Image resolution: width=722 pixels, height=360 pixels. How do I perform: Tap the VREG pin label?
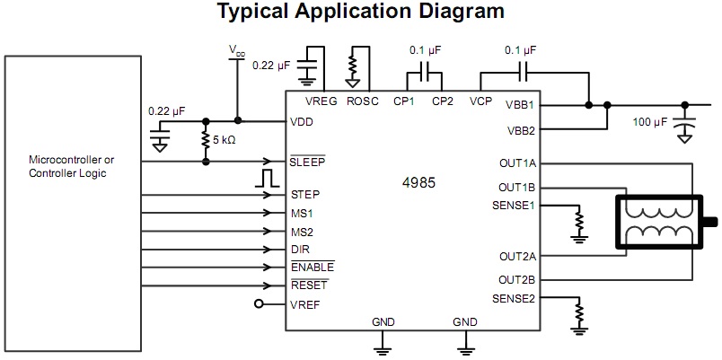point(321,101)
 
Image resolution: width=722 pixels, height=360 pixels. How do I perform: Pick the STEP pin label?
point(305,194)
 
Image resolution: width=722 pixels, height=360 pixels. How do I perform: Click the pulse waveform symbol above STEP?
point(266,177)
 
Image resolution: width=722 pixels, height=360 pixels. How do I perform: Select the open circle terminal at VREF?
point(260,304)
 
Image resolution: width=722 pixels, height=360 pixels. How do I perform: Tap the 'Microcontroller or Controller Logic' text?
point(72,167)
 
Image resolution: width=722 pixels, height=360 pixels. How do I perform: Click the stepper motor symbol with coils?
point(661,222)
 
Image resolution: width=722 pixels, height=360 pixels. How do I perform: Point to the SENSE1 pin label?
point(514,206)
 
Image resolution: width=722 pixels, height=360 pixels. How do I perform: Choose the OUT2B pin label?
point(516,279)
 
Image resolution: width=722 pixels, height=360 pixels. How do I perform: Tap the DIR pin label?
point(301,249)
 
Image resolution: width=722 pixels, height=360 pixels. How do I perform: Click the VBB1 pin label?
point(519,104)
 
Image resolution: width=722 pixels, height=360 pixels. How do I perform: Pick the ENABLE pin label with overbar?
point(312,268)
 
